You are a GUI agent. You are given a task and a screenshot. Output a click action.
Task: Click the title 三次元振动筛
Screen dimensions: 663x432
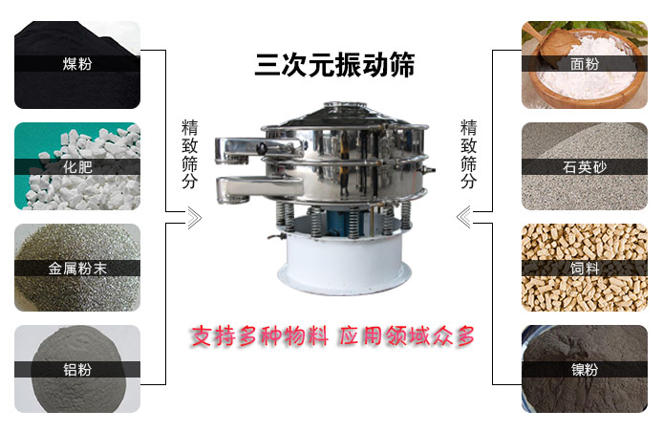(x=334, y=65)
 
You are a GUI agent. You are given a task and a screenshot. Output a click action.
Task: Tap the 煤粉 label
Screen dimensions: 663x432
(x=77, y=64)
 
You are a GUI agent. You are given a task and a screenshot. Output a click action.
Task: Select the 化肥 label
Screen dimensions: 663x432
(x=77, y=166)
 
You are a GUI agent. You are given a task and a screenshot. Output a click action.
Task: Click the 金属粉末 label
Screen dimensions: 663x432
(x=77, y=269)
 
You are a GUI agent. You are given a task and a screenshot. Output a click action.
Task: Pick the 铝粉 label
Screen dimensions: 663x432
(x=77, y=369)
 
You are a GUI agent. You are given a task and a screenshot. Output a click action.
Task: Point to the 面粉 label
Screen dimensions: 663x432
(x=585, y=64)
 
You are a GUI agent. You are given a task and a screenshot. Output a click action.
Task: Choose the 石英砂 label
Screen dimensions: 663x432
(x=585, y=166)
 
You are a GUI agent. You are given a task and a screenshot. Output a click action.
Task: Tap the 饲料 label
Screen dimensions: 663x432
(x=585, y=269)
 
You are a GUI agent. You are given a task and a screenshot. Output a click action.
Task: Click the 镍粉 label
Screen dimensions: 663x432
(x=585, y=369)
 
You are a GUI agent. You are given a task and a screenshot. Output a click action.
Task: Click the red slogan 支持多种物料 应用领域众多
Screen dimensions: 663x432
(x=332, y=336)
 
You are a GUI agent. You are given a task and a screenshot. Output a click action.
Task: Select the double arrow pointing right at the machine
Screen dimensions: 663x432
(x=194, y=218)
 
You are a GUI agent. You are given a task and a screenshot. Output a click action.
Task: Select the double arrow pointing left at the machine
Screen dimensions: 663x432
(x=464, y=217)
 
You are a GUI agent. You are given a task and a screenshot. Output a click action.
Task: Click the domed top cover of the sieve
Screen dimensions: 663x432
(x=344, y=115)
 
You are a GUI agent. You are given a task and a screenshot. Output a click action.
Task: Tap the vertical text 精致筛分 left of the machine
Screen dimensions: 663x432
(x=189, y=154)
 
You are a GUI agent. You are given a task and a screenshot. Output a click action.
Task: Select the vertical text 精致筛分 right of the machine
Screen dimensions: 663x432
(x=468, y=154)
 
